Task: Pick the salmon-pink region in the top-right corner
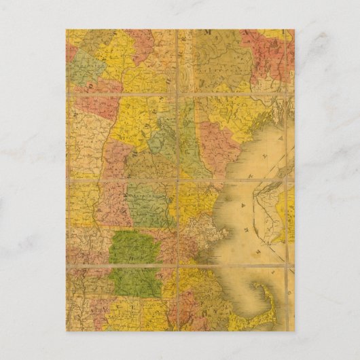pos(275,54)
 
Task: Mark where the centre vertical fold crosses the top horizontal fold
pos(178,94)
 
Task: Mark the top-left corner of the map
pos(67,30)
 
